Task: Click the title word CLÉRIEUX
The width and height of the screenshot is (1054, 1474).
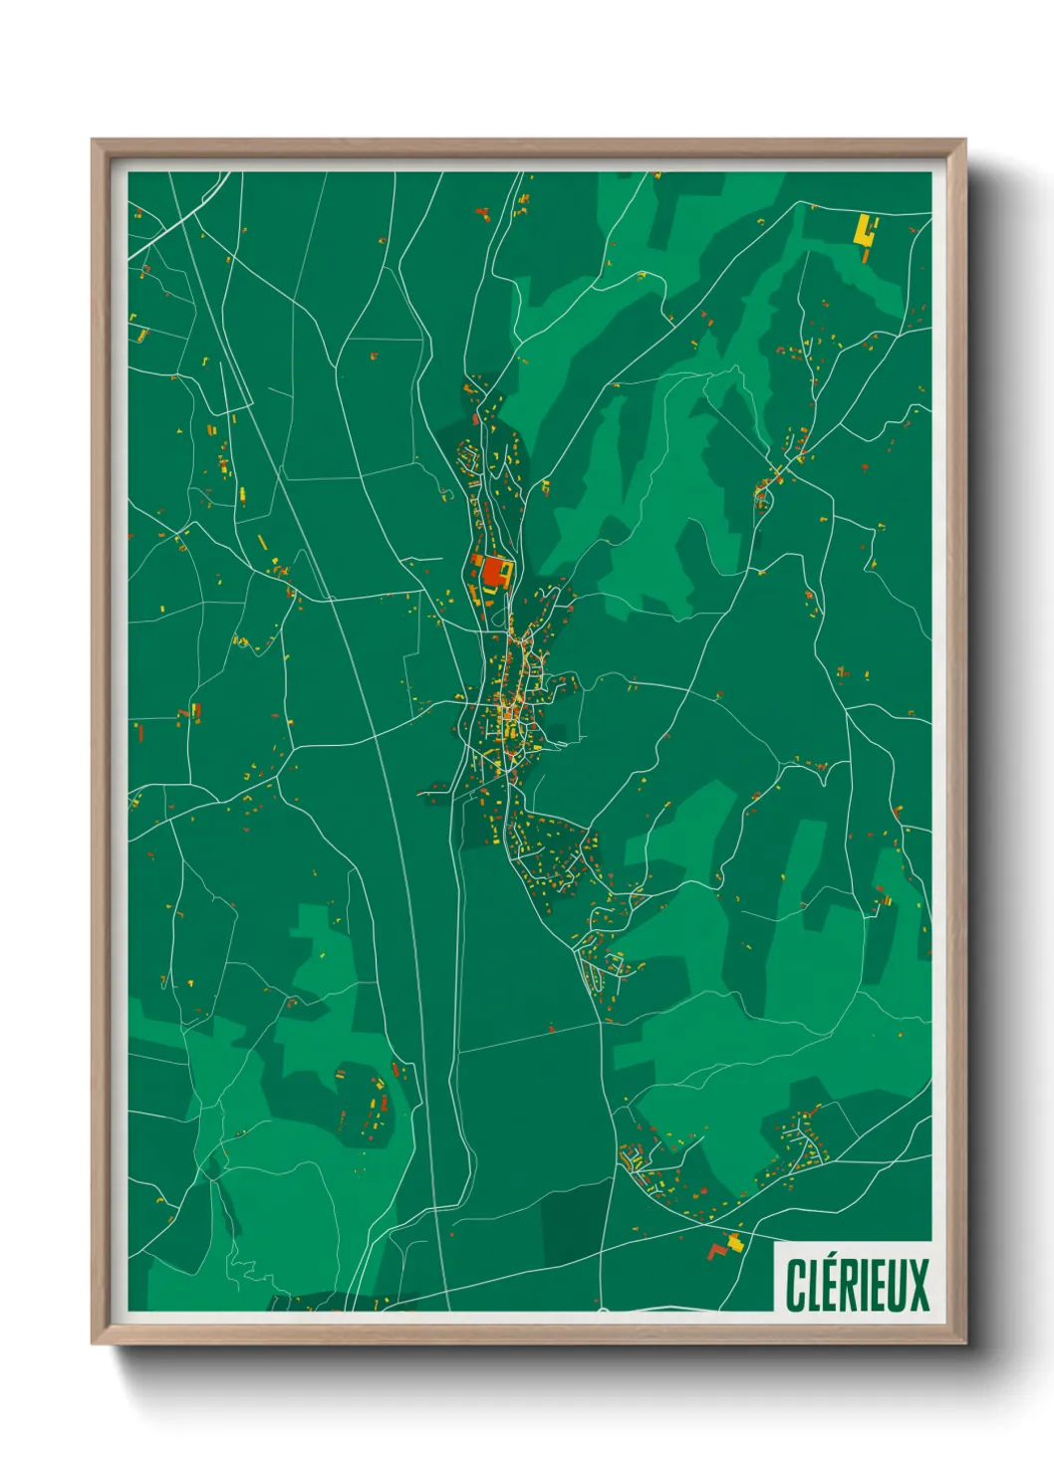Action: [x=857, y=1285]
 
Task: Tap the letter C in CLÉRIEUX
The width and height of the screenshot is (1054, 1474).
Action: [x=796, y=1285]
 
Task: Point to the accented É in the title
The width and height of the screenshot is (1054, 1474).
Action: [x=833, y=1285]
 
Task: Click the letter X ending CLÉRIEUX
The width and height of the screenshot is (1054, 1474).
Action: [x=919, y=1285]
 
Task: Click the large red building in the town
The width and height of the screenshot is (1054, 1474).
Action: [x=493, y=573]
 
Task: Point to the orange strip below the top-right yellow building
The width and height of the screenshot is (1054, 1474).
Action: [x=867, y=254]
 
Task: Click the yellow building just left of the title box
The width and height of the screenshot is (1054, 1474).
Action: [x=736, y=1242]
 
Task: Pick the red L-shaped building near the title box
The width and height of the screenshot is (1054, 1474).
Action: [x=716, y=1250]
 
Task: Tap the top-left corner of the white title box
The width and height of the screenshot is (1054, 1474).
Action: [x=775, y=1241]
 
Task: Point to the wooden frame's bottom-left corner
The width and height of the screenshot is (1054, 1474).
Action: [x=93, y=1344]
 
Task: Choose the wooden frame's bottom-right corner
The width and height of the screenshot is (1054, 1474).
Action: [x=965, y=1344]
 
